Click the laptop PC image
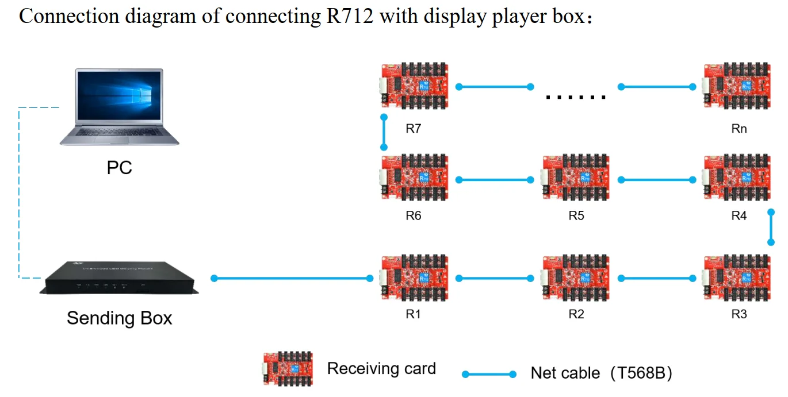coord(120,107)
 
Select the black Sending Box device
coord(119,278)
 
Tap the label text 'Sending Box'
coord(119,318)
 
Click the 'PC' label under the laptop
coord(120,168)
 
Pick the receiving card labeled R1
coord(414,278)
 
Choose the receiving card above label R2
coord(576,278)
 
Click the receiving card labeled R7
coord(414,86)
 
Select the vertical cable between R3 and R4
coord(771,228)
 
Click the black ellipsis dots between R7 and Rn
coord(576,97)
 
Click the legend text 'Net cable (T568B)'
coord(602,373)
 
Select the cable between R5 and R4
coord(657,180)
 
